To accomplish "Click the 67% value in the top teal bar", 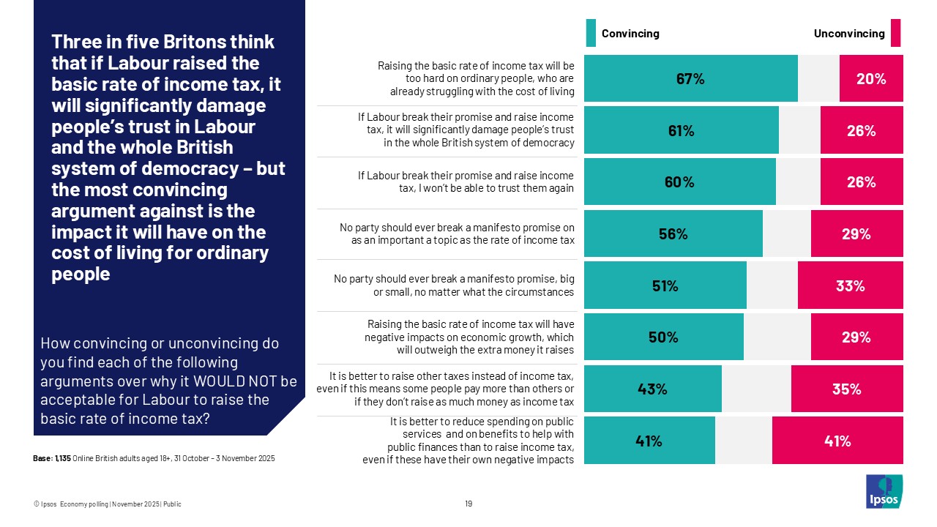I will pyautogui.click(x=690, y=79).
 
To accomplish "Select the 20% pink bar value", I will pyautogui.click(x=871, y=79).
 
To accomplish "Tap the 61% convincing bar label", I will pyautogui.click(x=681, y=131).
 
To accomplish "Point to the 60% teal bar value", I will pyautogui.click(x=679, y=182).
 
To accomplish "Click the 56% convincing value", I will pyautogui.click(x=673, y=234).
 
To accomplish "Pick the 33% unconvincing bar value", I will pyautogui.click(x=850, y=286).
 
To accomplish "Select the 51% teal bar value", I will pyautogui.click(x=665, y=286).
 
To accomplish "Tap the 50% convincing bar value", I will pyautogui.click(x=663, y=337).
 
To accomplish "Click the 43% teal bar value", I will pyautogui.click(x=652, y=389).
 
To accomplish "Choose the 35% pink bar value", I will pyautogui.click(x=846, y=389).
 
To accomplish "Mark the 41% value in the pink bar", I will pyautogui.click(x=837, y=441).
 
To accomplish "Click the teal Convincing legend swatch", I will pyautogui.click(x=591, y=34).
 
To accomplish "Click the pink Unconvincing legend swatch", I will pyautogui.click(x=895, y=34).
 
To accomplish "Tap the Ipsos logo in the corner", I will pyautogui.click(x=884, y=491).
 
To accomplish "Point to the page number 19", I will pyautogui.click(x=468, y=504).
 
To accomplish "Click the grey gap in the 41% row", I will pyautogui.click(x=743, y=441).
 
